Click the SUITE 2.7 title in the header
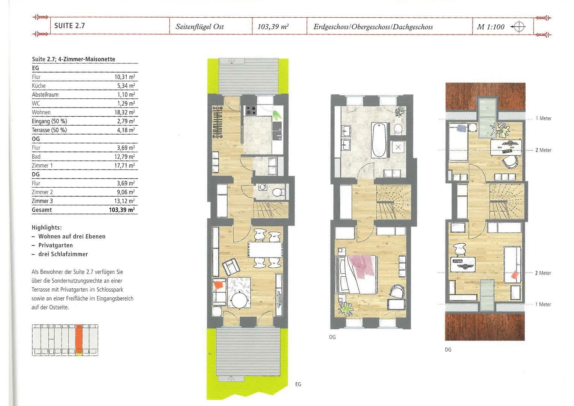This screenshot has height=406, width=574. click(69, 26)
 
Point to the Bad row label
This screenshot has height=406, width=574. click(36, 157)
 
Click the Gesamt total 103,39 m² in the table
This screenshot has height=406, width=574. click(122, 210)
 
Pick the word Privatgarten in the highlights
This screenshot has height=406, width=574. click(55, 245)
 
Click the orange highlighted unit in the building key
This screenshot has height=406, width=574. click(79, 339)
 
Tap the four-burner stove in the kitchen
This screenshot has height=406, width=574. click(251, 110)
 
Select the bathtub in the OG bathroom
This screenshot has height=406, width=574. click(379, 140)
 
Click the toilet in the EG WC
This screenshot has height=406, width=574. click(278, 192)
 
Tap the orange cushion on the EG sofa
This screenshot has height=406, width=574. click(219, 285)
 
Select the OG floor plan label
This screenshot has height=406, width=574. click(332, 337)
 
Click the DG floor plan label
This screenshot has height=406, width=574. click(448, 350)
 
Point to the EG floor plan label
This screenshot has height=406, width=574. click(298, 384)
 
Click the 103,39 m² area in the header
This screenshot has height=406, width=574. click(273, 27)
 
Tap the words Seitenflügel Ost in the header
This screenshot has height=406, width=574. click(199, 27)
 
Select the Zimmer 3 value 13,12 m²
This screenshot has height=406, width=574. click(125, 201)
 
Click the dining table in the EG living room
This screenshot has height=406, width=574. click(265, 250)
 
